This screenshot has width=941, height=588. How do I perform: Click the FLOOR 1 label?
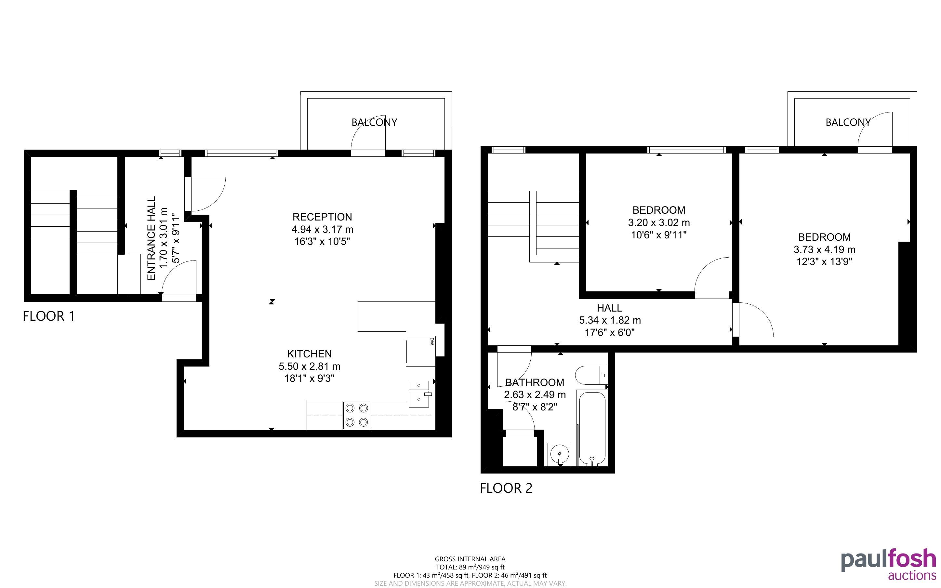tap(48, 316)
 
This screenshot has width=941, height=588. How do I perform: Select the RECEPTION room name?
tap(322, 217)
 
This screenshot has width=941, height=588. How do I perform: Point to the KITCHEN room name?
tap(310, 354)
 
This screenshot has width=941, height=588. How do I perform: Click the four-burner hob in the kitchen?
tap(357, 415)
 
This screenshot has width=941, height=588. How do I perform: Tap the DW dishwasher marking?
tap(432, 341)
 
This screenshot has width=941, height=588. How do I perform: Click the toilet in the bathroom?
tap(591, 375)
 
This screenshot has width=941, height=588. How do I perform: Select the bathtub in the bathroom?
tap(591, 428)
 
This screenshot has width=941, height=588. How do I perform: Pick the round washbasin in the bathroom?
tap(560, 454)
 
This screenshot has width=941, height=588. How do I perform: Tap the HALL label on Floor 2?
tap(609, 308)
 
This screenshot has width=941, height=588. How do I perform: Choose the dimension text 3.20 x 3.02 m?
tap(659, 223)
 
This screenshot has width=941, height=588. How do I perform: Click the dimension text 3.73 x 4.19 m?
tap(824, 250)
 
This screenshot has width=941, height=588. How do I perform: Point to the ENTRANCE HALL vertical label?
tap(151, 238)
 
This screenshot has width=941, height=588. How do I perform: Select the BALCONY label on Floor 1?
tap(374, 123)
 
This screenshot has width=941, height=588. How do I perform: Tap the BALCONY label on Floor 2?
tap(848, 123)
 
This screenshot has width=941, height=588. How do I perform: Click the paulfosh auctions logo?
tap(889, 564)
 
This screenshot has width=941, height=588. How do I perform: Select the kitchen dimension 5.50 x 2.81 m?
tap(310, 366)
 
